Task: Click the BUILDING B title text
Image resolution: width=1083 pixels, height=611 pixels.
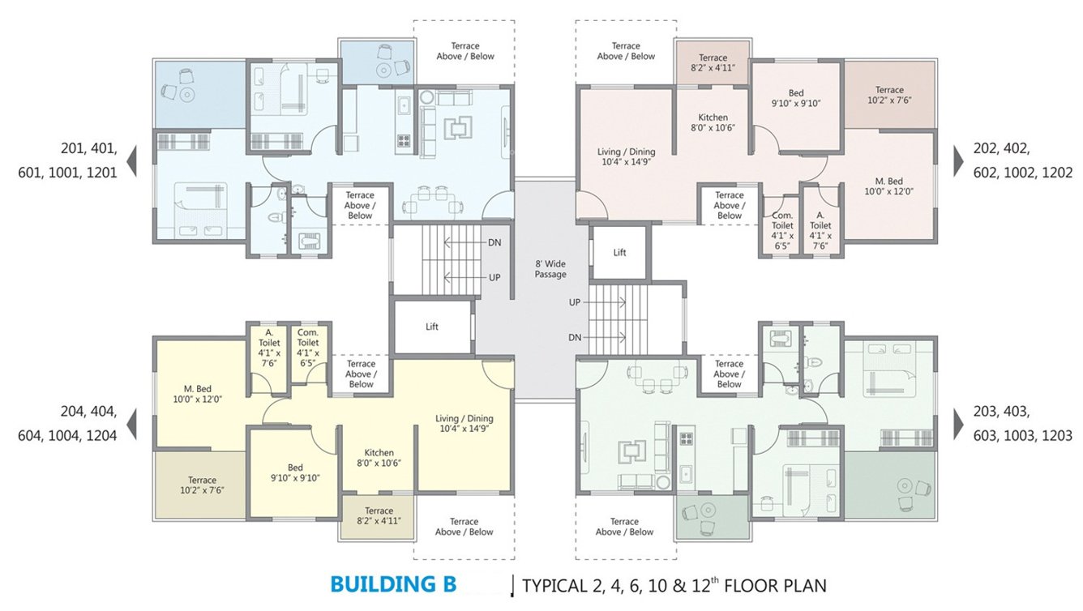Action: tap(393, 584)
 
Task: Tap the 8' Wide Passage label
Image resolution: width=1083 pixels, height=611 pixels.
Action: tap(550, 269)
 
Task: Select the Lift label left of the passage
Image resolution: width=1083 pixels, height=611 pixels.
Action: tap(432, 327)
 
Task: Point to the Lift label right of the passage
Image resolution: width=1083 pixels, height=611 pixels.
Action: tap(619, 253)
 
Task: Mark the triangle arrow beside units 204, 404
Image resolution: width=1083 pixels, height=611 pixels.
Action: tap(131, 423)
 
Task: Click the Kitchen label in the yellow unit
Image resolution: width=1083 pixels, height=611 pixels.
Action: tap(379, 458)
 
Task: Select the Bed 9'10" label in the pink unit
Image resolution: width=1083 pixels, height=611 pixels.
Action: tap(795, 98)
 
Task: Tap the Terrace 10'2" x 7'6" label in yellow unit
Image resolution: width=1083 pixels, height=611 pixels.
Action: tap(202, 485)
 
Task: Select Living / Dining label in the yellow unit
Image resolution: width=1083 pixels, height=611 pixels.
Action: tap(466, 423)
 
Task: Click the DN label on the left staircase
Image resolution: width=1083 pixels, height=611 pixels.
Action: tap(494, 242)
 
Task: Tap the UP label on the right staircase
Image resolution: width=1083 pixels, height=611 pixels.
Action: tap(575, 302)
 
